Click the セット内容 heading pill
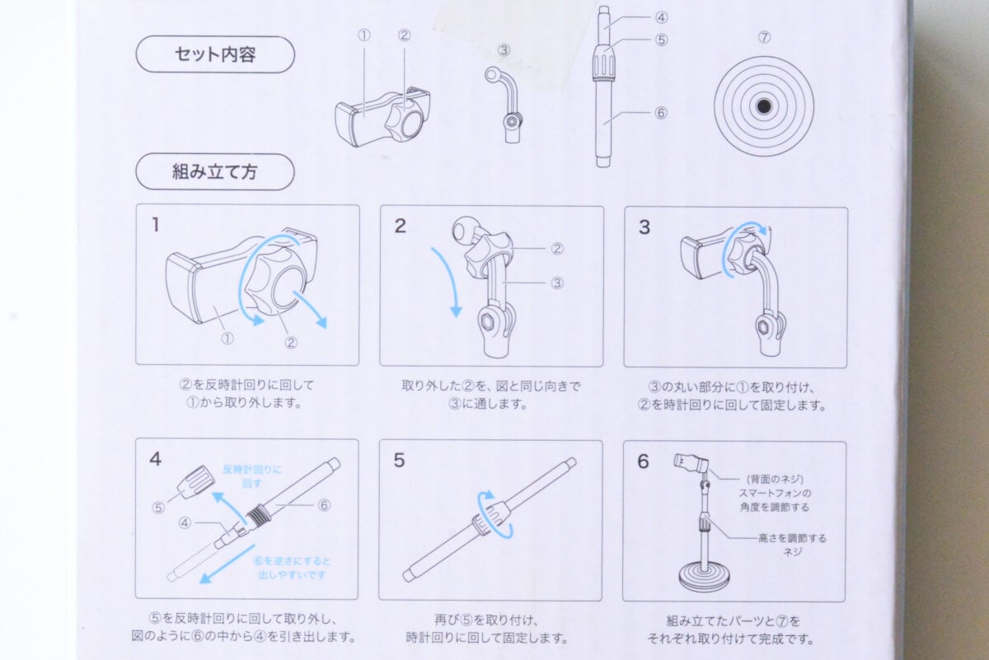tap(214, 54)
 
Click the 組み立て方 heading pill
tap(214, 171)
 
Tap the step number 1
tap(156, 224)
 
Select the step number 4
tap(156, 459)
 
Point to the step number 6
tap(644, 461)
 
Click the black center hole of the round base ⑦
tap(764, 106)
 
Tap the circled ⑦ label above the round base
tap(764, 36)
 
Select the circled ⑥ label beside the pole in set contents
tap(660, 114)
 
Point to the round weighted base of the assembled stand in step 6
tap(703, 577)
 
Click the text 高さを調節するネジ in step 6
tap(791, 545)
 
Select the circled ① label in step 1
tap(227, 338)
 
